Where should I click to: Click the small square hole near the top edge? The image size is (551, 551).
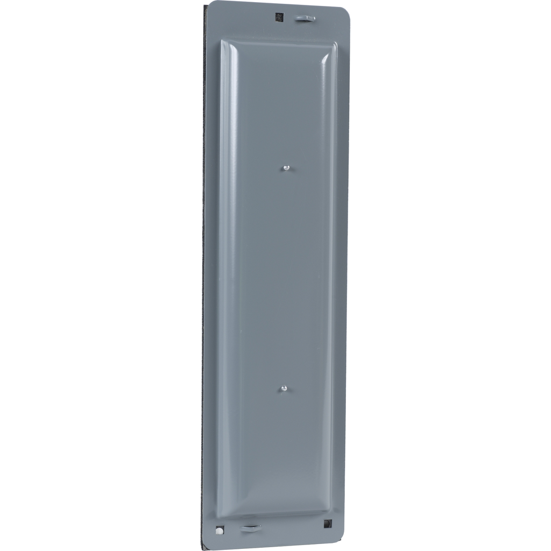(279, 17)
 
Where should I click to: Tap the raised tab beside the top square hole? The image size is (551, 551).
(305, 18)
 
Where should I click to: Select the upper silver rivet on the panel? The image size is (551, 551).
(286, 168)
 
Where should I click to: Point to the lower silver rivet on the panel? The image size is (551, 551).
(284, 387)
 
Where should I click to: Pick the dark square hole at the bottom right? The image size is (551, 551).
(328, 524)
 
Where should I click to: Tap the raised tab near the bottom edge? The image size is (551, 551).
(250, 528)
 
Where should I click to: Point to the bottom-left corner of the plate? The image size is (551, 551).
(206, 546)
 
